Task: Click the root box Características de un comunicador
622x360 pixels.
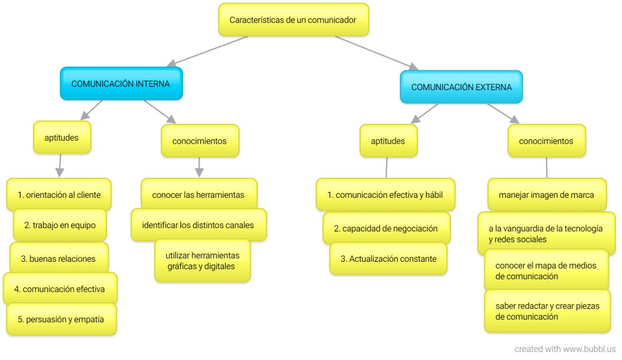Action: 293,20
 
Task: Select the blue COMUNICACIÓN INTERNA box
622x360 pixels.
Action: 121,84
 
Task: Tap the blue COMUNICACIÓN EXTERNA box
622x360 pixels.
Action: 461,87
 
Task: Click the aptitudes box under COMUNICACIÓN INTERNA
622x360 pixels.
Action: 62,137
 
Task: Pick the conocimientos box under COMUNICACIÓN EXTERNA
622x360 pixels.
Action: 546,141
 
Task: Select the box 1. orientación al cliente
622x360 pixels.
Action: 59,195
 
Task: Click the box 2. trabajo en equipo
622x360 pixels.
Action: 60,225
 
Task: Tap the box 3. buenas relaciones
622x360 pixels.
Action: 58,259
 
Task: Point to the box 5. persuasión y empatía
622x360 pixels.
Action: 60,320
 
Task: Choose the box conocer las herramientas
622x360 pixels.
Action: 198,195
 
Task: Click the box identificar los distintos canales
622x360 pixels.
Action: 198,225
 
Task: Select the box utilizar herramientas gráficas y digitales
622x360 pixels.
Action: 202,261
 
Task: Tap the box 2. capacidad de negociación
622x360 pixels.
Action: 389,228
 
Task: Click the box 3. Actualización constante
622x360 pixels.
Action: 388,259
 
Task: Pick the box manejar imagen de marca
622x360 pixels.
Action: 546,195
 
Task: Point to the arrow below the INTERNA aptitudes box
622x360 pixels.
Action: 60,165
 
